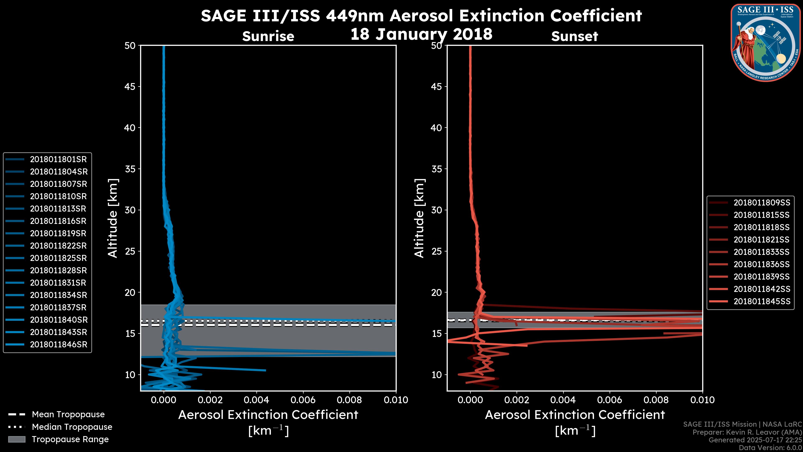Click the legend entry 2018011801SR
click(58, 159)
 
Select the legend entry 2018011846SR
click(59, 345)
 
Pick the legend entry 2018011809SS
click(762, 203)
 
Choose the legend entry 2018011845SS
click(762, 302)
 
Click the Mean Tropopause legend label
click(68, 415)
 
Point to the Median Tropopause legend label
click(72, 427)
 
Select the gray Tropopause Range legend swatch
click(17, 439)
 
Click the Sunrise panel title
click(268, 36)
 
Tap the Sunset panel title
click(574, 36)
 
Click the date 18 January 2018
click(421, 34)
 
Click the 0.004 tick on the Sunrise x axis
click(257, 400)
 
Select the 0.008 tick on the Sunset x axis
click(656, 400)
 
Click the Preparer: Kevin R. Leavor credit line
click(747, 432)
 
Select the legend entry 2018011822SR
click(58, 246)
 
